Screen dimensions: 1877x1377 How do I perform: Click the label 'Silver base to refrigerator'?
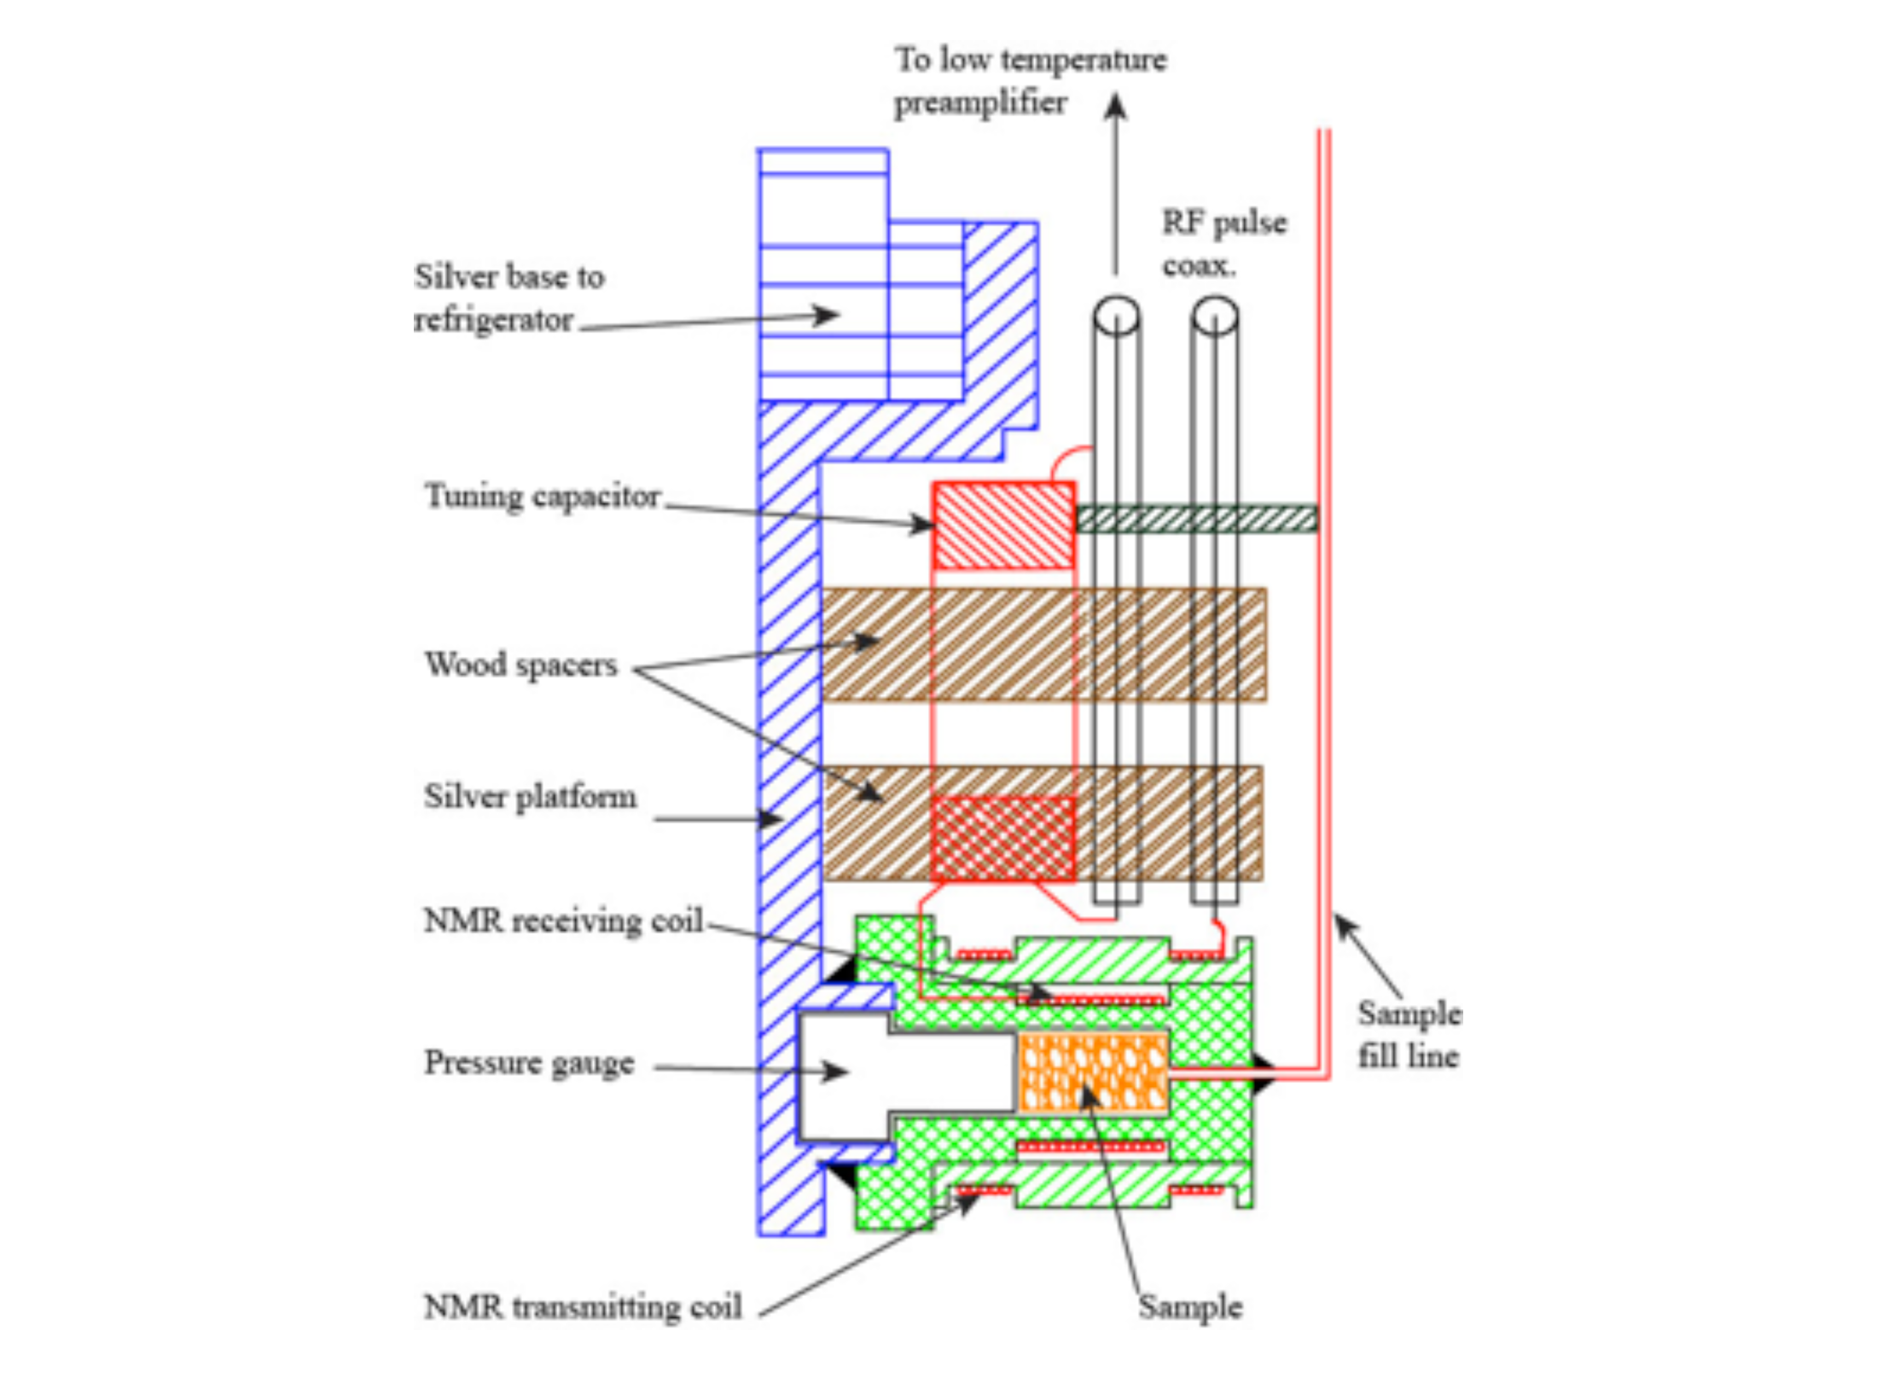[509, 298]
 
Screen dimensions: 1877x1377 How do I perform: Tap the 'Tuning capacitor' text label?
[543, 496]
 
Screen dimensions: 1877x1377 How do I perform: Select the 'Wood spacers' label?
[520, 665]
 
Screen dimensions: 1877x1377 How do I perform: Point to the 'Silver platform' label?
[530, 797]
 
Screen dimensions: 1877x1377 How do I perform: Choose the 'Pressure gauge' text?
[529, 1063]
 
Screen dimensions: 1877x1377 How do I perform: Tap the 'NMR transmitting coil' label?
[583, 1306]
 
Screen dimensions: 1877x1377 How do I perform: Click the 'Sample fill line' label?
[1409, 1034]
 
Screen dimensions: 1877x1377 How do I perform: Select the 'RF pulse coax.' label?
[1224, 244]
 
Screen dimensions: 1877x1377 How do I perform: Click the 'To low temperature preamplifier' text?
[1030, 80]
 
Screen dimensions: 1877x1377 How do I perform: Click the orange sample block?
[1093, 1072]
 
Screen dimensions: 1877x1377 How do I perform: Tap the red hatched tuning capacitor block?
[1004, 526]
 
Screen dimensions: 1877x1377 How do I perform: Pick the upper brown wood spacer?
[1044, 644]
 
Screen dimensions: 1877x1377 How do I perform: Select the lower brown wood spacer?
[1043, 822]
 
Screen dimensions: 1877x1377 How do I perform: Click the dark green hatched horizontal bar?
[1197, 519]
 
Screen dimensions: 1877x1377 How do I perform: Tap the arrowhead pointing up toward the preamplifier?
[1116, 107]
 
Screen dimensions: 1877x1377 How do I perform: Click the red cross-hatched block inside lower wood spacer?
[1003, 839]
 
